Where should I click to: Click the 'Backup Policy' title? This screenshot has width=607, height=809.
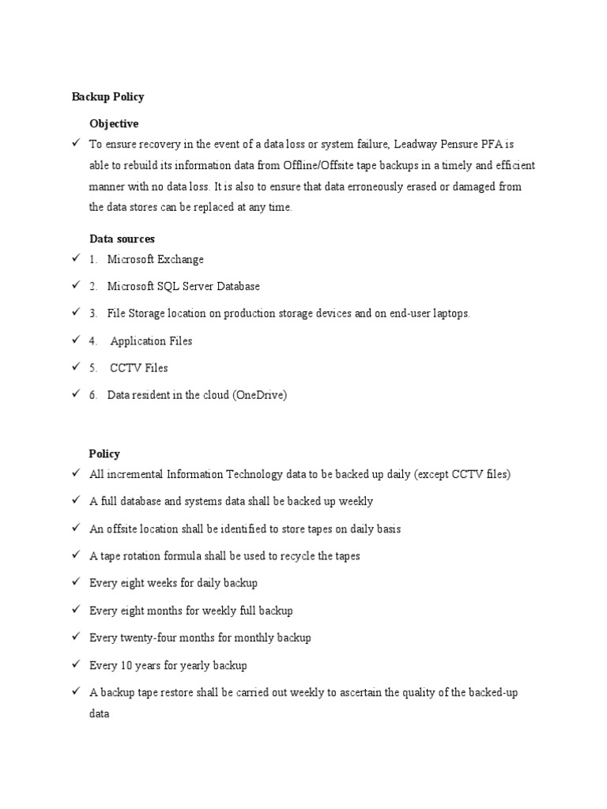click(x=107, y=96)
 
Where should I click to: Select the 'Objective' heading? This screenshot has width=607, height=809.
click(x=114, y=123)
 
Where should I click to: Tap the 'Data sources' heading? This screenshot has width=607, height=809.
click(x=122, y=238)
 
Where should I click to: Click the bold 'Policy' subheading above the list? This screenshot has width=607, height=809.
click(x=104, y=453)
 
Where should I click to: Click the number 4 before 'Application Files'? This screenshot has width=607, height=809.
click(x=92, y=341)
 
